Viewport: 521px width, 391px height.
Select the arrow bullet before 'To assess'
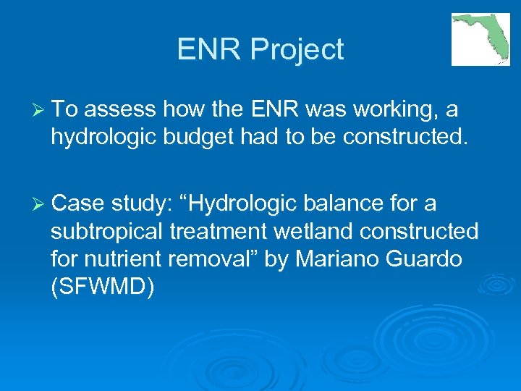pyautogui.click(x=38, y=109)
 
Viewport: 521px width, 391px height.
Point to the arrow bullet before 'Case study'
pyautogui.click(x=38, y=203)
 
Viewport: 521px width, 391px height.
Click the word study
pyautogui.click(x=140, y=204)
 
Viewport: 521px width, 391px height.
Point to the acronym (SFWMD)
pyautogui.click(x=103, y=286)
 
